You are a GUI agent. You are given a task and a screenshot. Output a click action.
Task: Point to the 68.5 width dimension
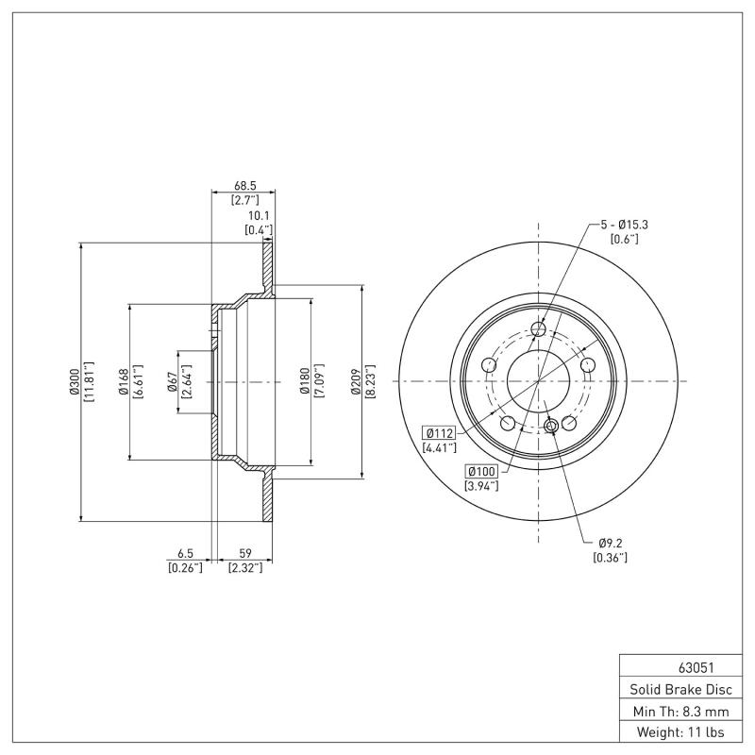coord(246,186)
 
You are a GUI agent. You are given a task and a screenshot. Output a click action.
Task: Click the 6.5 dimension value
coord(186,554)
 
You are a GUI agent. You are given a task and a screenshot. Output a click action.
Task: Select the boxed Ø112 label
coord(441,432)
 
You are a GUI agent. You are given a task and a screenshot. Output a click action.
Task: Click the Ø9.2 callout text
coord(611,543)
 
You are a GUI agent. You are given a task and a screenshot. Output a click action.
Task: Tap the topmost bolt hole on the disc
coord(538,328)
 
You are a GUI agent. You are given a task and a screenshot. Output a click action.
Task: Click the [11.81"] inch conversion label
coord(88,381)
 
